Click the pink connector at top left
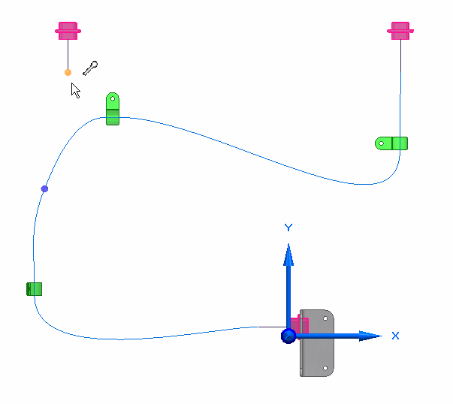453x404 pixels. click(68, 31)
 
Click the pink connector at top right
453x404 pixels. click(400, 31)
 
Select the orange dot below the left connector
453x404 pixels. click(68, 72)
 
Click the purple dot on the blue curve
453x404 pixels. click(44, 189)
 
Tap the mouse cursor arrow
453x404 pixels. click(75, 90)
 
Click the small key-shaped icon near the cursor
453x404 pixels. click(90, 68)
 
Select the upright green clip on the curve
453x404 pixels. click(113, 109)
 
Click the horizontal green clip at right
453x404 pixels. click(391, 143)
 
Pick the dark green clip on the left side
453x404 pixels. click(34, 289)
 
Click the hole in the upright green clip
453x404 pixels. click(113, 99)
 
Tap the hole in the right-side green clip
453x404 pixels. click(381, 143)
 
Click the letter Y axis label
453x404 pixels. click(288, 228)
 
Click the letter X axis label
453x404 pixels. click(395, 336)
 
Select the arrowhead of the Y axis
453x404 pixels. click(288, 255)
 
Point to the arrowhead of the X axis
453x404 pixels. click(370, 336)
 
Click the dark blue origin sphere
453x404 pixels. click(288, 336)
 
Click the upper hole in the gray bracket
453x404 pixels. click(325, 318)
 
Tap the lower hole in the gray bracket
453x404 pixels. click(325, 368)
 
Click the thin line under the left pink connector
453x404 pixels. click(68, 54)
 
